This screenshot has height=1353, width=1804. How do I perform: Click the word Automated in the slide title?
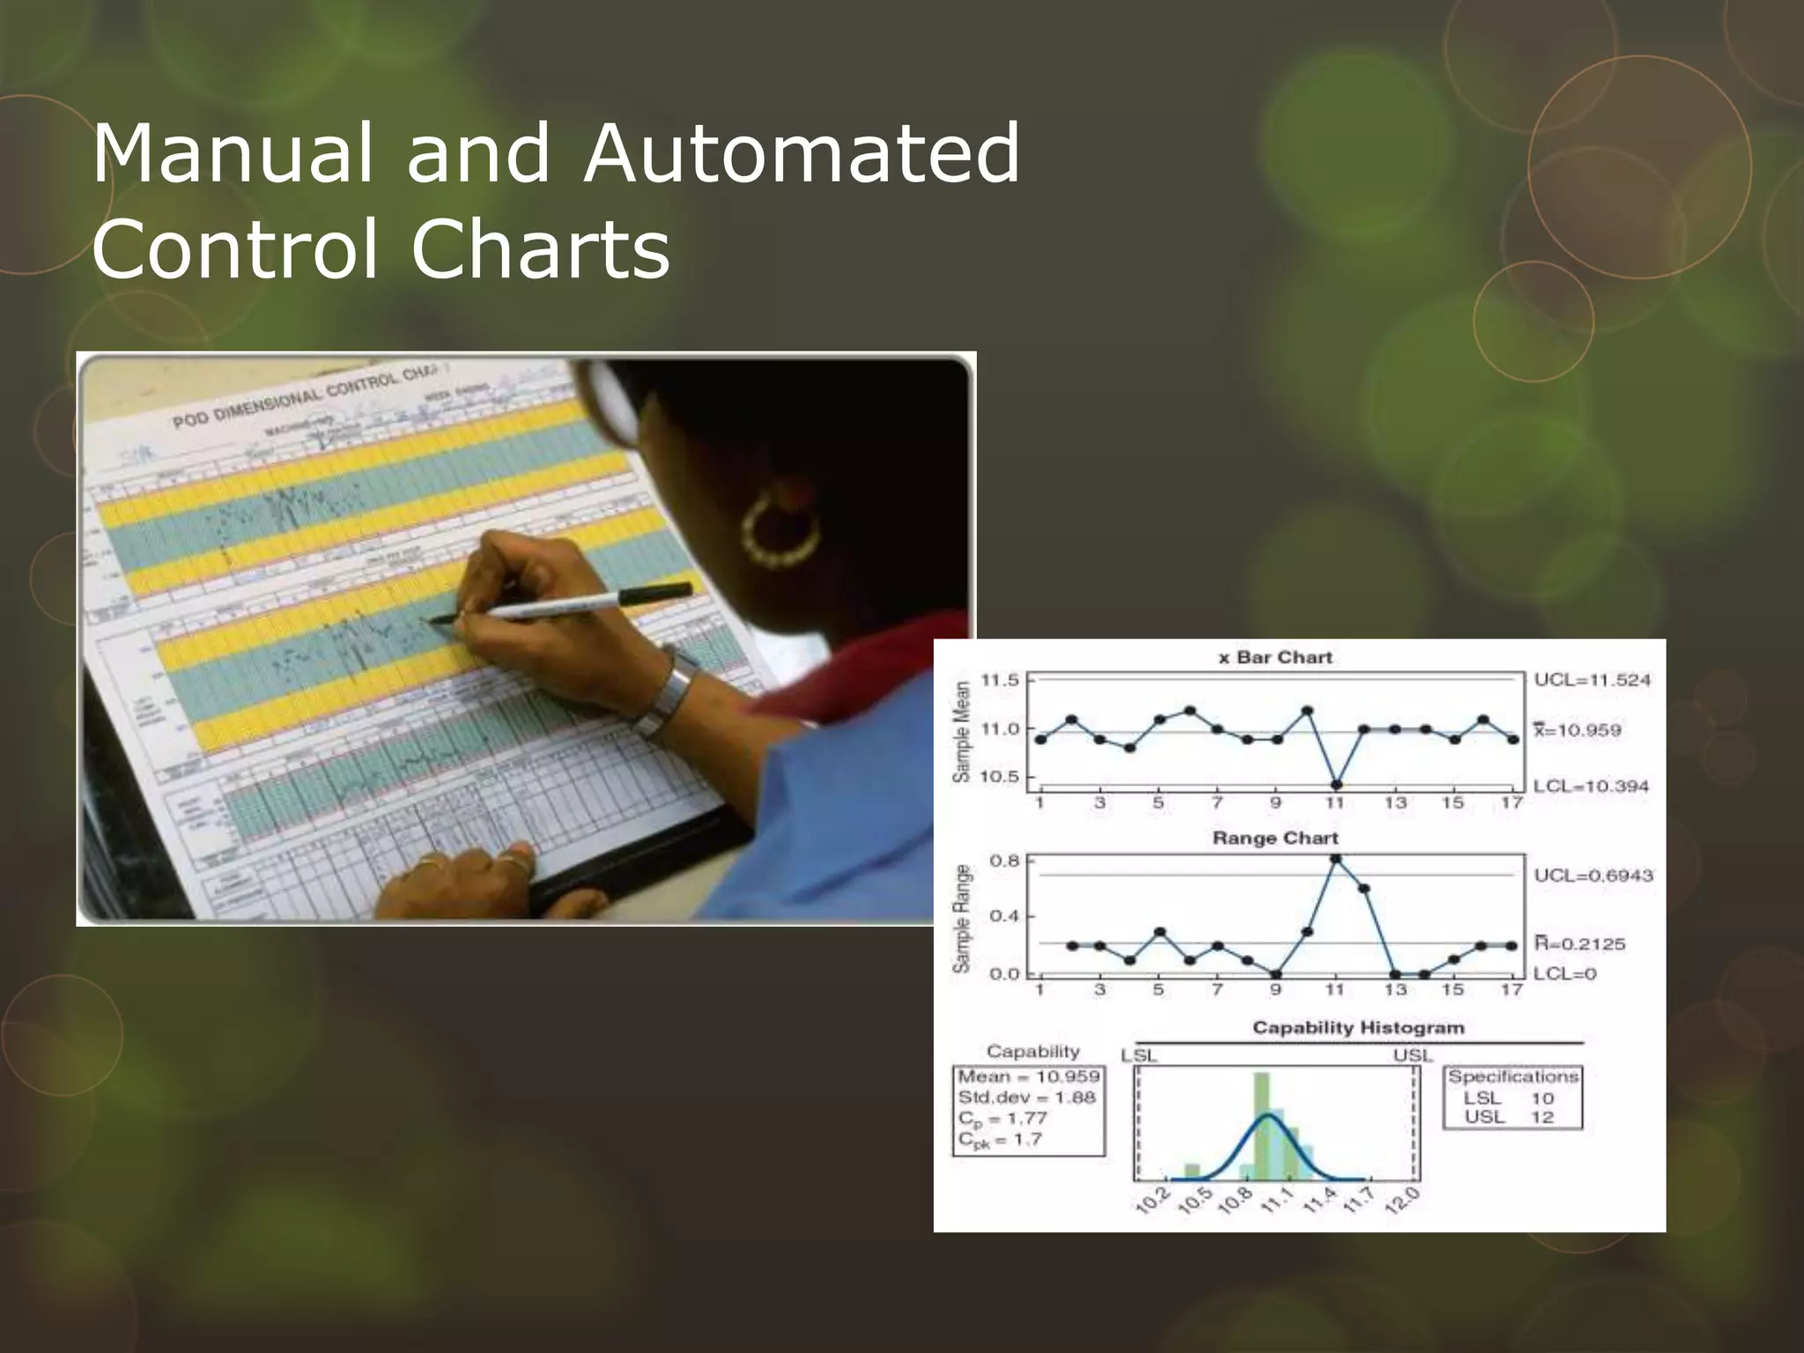tap(800, 154)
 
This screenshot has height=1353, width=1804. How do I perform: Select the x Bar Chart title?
tap(1275, 657)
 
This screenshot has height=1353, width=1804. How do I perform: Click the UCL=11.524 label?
tap(1592, 680)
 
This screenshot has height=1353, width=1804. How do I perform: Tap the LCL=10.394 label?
tap(1590, 786)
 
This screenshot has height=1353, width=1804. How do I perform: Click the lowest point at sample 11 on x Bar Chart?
tap(1336, 784)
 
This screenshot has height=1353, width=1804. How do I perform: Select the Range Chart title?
tap(1275, 838)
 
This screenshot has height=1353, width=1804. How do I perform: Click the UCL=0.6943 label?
tap(1593, 876)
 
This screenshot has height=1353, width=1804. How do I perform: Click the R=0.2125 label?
tap(1592, 943)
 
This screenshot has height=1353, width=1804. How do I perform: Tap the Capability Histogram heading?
tap(1357, 1027)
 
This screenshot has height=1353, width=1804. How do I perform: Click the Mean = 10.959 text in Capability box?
tap(1028, 1076)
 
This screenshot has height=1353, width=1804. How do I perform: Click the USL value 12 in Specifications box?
tap(1542, 1117)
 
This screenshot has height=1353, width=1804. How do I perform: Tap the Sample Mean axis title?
tap(962, 730)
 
